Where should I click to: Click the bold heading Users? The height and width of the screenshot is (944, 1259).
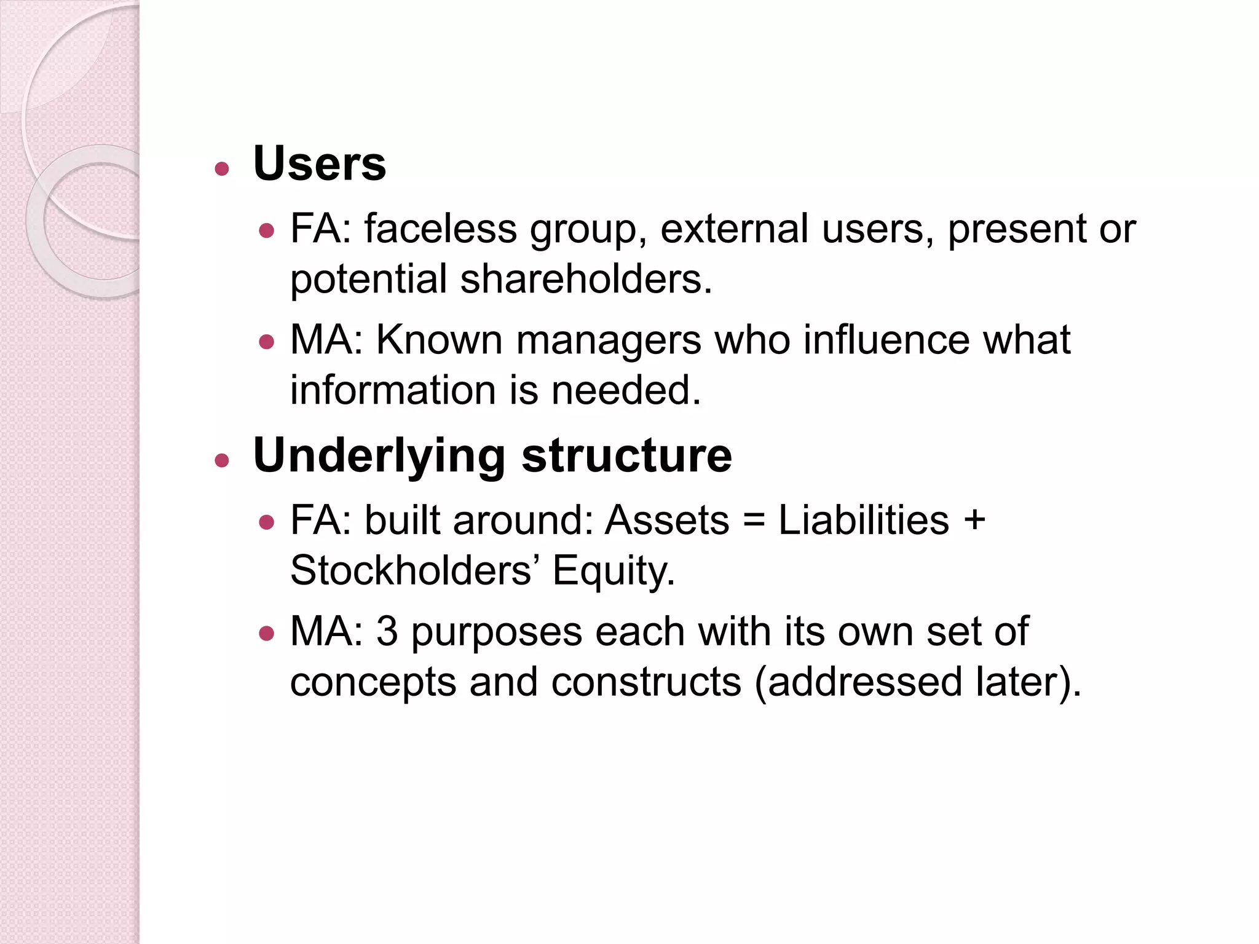[x=320, y=164]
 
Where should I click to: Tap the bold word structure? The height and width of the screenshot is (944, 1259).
[x=626, y=456]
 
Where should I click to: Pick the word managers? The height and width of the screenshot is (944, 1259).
[x=608, y=340]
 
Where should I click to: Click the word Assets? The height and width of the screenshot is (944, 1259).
[x=667, y=521]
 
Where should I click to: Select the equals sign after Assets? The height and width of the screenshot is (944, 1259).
[x=754, y=521]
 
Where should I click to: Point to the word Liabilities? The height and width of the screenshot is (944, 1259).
[x=864, y=521]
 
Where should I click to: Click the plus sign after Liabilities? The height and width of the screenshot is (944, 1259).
[x=974, y=521]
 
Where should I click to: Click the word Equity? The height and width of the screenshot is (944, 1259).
[x=613, y=572]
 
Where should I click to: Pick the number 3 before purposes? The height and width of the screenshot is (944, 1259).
[x=387, y=632]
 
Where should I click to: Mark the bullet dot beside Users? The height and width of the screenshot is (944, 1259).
[x=222, y=168]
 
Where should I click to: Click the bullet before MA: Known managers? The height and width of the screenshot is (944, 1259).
[x=266, y=342]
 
